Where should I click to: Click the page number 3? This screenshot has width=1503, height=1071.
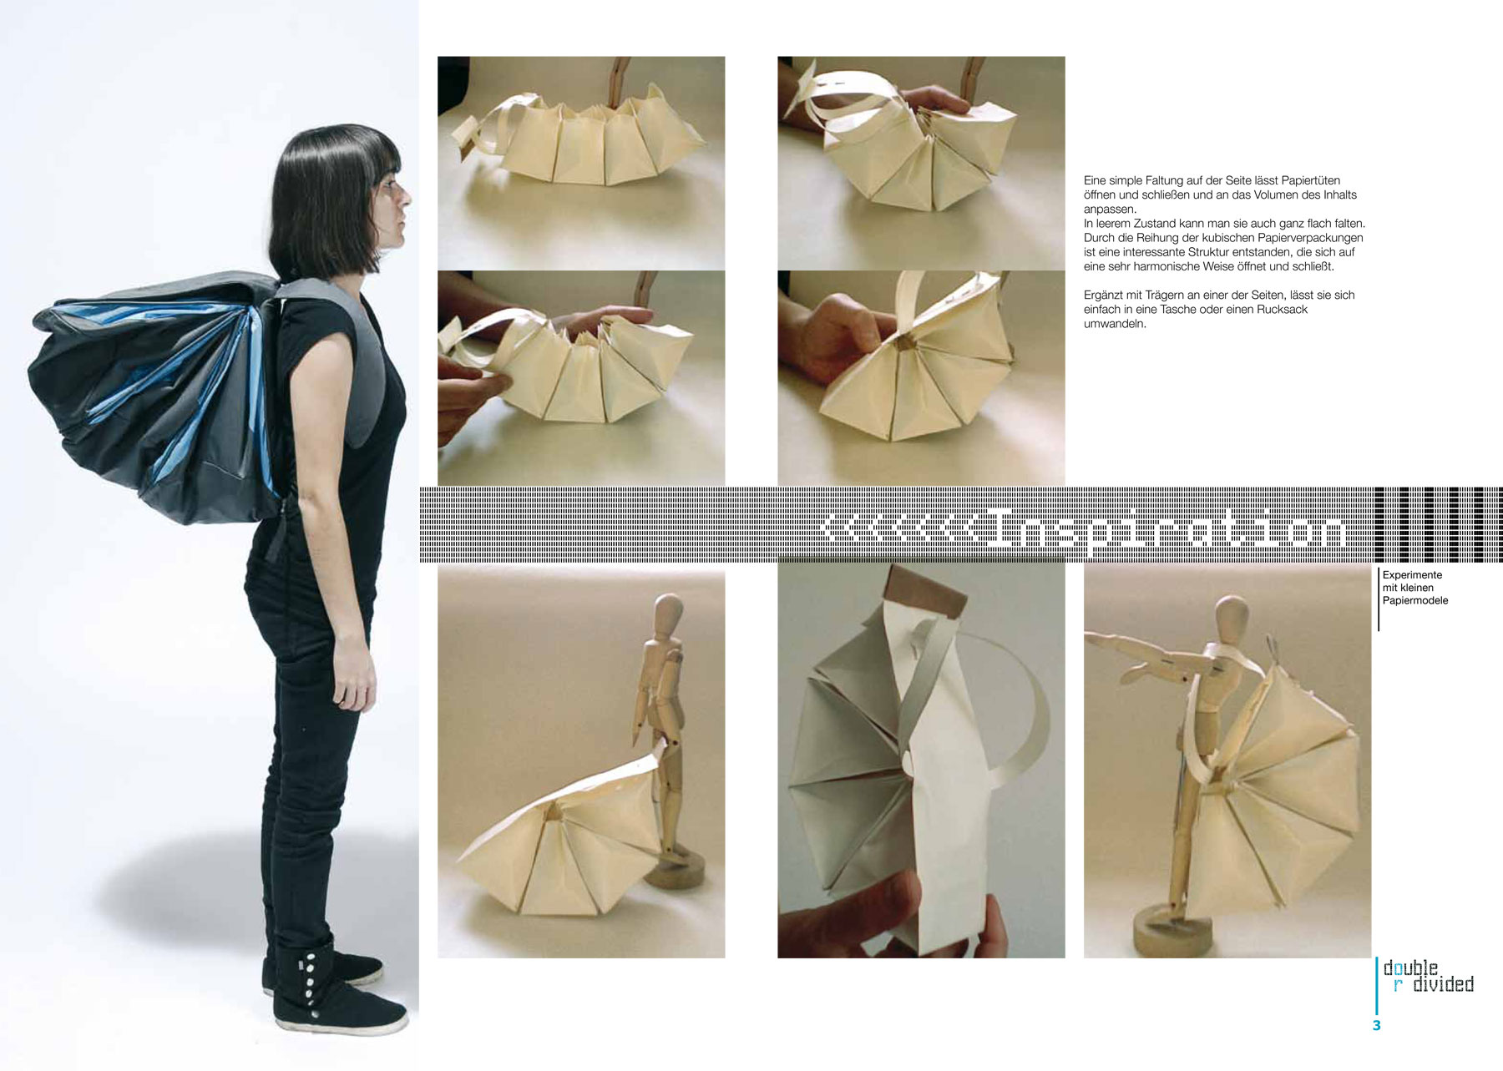[x=1377, y=1025]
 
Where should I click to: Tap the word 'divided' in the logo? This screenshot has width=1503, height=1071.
[x=1443, y=984]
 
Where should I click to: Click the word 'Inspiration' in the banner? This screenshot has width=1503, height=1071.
[x=1166, y=530]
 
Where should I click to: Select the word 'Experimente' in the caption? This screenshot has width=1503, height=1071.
[x=1412, y=575]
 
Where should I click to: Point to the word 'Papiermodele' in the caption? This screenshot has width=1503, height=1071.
[x=1415, y=600]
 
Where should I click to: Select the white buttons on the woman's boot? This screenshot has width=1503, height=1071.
[x=310, y=986]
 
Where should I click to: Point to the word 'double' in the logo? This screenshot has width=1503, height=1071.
[x=1411, y=967]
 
